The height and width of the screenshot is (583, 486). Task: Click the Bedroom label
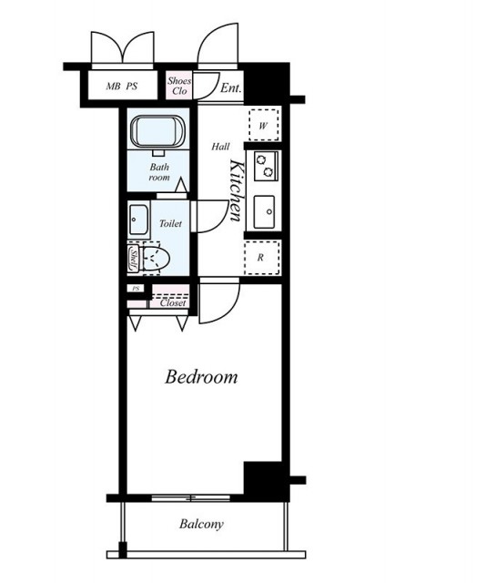pyautogui.click(x=201, y=376)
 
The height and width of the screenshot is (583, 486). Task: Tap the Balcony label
pyautogui.click(x=201, y=524)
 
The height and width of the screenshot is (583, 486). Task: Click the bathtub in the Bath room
pyautogui.click(x=158, y=132)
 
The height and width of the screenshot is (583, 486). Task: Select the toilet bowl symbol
pyautogui.click(x=155, y=258)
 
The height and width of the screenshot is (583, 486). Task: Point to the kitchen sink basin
pyautogui.click(x=265, y=212)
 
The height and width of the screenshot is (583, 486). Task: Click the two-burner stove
pyautogui.click(x=266, y=166)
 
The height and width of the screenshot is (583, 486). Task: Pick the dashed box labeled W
pyautogui.click(x=263, y=125)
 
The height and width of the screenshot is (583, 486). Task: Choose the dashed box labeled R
pyautogui.click(x=261, y=258)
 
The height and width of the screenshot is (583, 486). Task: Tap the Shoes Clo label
pyautogui.click(x=179, y=86)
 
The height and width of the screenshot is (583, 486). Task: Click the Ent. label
pyautogui.click(x=231, y=88)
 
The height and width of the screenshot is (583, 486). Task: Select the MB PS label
pyautogui.click(x=122, y=87)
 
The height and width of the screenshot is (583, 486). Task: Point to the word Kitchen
pyautogui.click(x=237, y=190)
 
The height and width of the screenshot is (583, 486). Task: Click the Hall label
pyautogui.click(x=221, y=147)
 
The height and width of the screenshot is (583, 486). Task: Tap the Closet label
pyautogui.click(x=173, y=303)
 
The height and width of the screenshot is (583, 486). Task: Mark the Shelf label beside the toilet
pyautogui.click(x=133, y=258)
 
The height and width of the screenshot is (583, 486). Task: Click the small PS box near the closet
pyautogui.click(x=136, y=289)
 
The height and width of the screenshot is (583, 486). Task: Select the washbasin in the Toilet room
pyautogui.click(x=138, y=220)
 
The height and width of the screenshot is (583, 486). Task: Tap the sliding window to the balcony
pyautogui.click(x=191, y=498)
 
